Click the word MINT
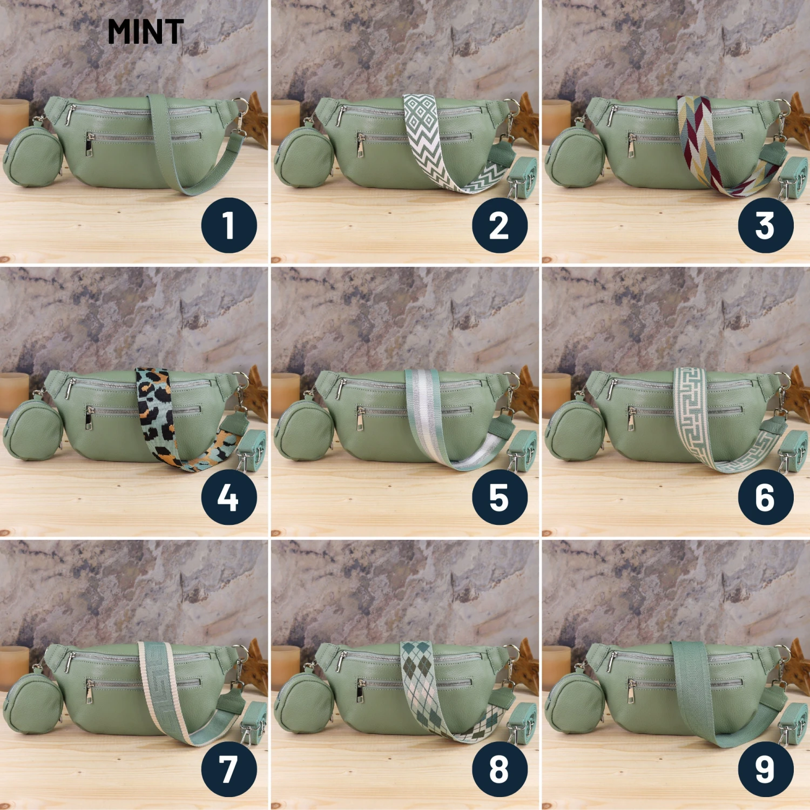[x=146, y=32]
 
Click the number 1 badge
[x=229, y=225]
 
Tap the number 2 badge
[x=500, y=225]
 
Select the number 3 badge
[x=766, y=225]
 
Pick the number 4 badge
[x=229, y=497]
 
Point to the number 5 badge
[x=500, y=497]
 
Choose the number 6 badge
[x=766, y=497]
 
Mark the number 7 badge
[x=229, y=769]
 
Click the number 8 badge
[x=500, y=769]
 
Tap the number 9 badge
[x=766, y=769]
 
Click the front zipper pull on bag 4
[x=89, y=418]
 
